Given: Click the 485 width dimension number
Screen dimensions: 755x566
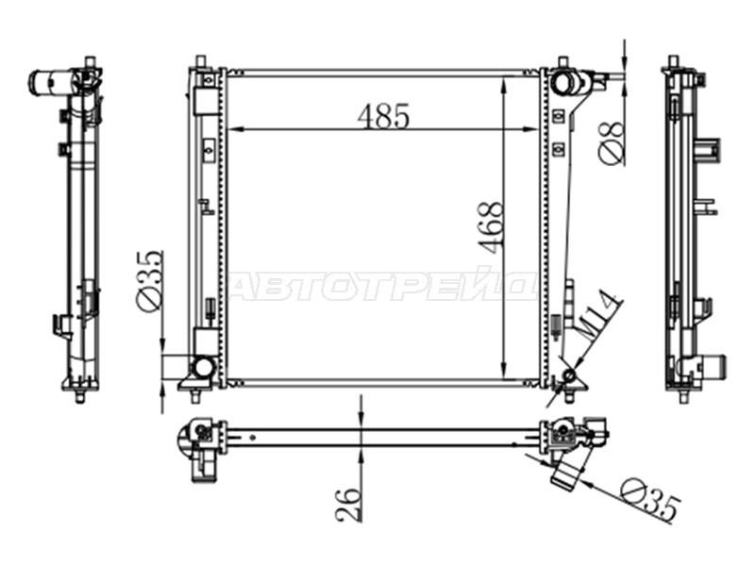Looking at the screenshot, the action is tap(384, 116).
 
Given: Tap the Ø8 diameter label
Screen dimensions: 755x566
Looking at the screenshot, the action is tap(612, 142).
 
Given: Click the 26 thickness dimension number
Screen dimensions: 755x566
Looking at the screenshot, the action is tap(348, 505).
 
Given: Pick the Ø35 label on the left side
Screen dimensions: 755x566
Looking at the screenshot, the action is tap(148, 281).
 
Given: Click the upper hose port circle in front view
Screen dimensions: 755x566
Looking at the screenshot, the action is tap(562, 83).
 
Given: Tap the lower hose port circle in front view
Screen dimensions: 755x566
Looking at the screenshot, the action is tap(203, 368).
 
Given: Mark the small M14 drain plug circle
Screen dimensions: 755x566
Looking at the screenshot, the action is tap(570, 375).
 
